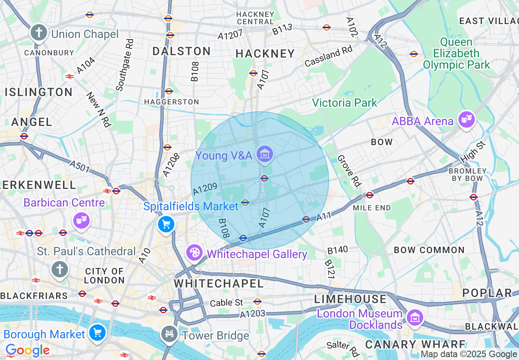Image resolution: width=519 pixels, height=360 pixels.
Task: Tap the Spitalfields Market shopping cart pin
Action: [166, 224]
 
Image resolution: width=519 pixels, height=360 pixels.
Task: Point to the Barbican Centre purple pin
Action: [81, 221]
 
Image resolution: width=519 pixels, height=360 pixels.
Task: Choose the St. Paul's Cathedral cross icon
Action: [59, 269]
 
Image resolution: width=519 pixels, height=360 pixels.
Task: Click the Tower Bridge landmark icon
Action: [169, 334]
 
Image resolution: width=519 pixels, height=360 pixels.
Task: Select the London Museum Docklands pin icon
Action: [415, 317]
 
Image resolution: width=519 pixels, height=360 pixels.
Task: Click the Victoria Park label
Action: [344, 103]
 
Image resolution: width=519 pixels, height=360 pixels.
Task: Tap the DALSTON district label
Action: [181, 51]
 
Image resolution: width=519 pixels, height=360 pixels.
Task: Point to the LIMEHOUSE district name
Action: [350, 299]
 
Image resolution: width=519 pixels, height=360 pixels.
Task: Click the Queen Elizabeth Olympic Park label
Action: [456, 54]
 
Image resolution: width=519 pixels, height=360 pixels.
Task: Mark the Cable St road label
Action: [226, 303]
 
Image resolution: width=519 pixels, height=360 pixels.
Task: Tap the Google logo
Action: [27, 351]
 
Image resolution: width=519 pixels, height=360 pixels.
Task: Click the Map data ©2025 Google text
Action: [469, 354]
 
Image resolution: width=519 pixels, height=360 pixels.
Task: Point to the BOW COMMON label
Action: [429, 250]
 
